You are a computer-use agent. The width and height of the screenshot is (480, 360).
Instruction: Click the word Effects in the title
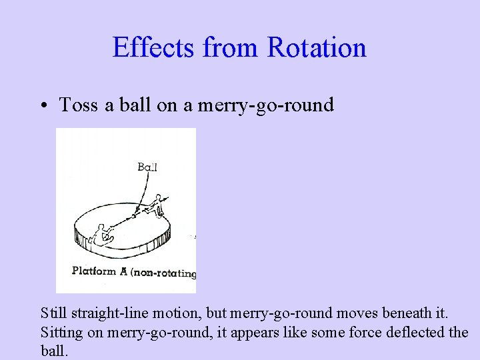click(x=154, y=48)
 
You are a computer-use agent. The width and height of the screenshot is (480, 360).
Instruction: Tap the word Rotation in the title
click(x=317, y=48)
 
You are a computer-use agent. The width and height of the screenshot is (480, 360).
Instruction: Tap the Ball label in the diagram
click(x=147, y=167)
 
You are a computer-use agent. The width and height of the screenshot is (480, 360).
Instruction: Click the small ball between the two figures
click(x=134, y=215)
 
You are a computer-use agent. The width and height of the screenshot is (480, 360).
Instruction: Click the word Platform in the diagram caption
click(x=94, y=271)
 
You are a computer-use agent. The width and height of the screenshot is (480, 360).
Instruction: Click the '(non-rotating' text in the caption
click(x=163, y=273)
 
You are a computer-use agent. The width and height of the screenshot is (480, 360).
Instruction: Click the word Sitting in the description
click(x=62, y=332)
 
